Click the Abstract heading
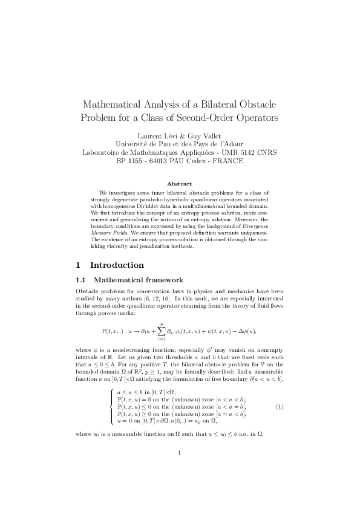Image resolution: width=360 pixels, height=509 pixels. pyautogui.click(x=180, y=183)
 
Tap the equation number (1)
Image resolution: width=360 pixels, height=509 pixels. pyautogui.click(x=280, y=407)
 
